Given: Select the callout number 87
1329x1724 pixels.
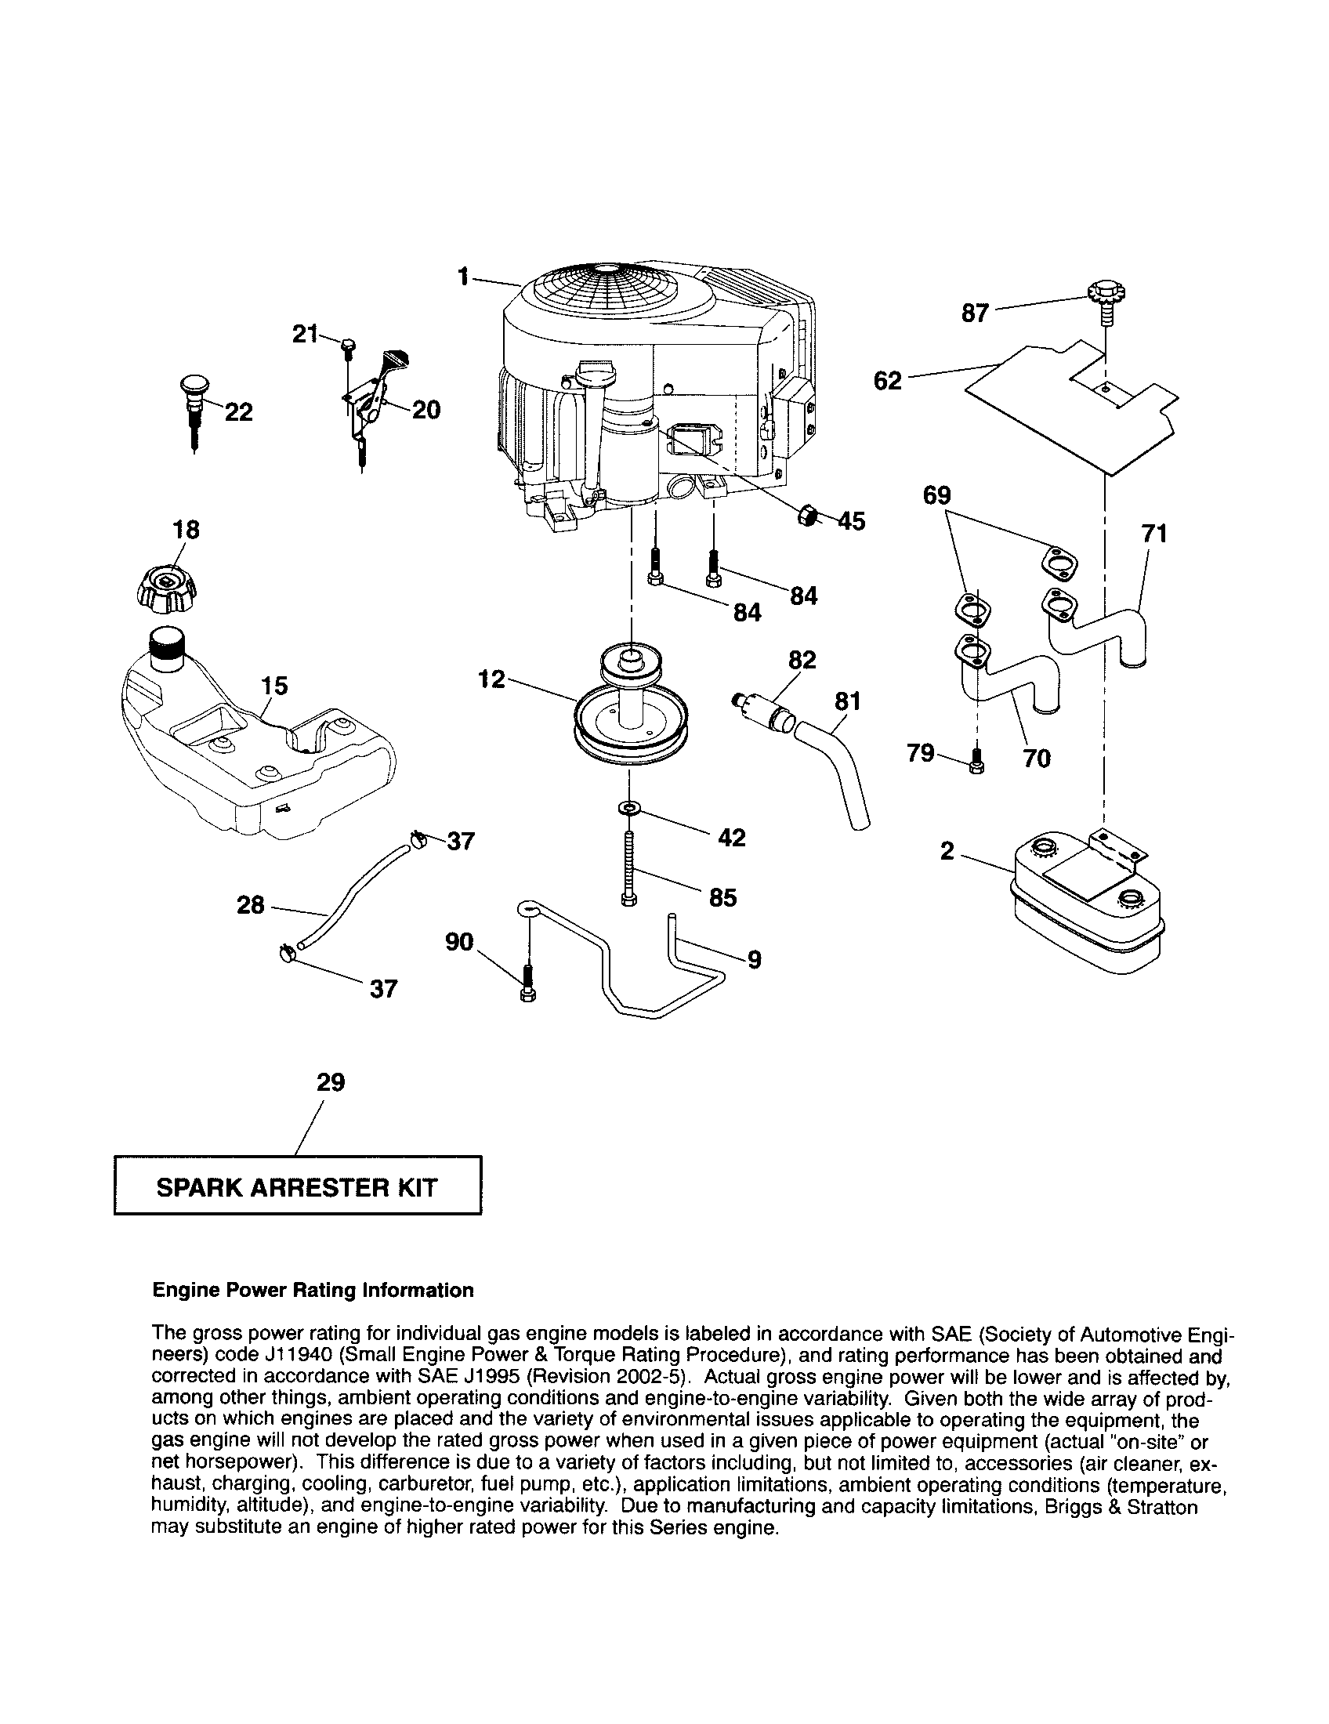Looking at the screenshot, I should (x=976, y=313).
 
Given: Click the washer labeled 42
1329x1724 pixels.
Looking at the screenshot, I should (x=629, y=809).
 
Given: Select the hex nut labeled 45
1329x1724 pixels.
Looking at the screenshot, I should (x=806, y=515).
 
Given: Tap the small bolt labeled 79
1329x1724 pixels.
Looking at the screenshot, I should (x=976, y=759).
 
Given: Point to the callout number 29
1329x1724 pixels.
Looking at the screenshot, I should (x=331, y=1082).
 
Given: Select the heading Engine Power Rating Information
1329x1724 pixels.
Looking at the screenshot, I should (x=313, y=1290).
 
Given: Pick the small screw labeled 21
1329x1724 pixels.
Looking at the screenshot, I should (x=348, y=346).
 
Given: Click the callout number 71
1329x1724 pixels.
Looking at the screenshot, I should (x=1153, y=534).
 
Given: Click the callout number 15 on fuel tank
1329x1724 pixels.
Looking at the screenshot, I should (x=274, y=685).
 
